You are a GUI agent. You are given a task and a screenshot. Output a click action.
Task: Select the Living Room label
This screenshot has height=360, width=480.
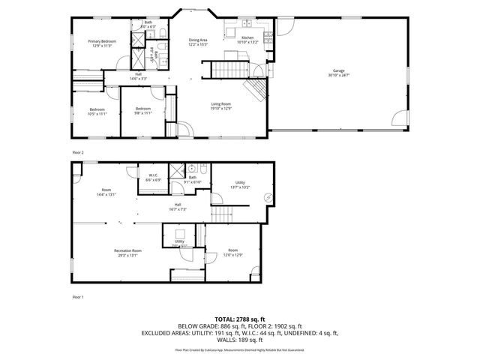(220, 106)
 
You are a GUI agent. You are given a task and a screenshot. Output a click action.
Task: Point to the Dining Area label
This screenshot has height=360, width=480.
(197, 41)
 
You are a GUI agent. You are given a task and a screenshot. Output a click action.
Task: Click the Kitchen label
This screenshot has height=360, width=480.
(247, 39)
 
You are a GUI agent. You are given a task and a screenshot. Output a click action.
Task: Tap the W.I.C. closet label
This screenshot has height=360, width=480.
(152, 178)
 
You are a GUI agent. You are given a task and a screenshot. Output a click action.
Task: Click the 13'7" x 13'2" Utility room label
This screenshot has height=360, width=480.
(240, 184)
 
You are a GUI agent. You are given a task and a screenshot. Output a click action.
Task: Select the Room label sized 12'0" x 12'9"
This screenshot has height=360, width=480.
(233, 252)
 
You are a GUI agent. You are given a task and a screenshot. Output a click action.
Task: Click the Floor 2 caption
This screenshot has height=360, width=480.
(78, 152)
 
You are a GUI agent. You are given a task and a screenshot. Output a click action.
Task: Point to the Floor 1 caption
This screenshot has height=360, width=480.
(78, 297)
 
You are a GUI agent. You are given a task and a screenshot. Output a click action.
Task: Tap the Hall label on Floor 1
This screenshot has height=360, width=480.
(178, 206)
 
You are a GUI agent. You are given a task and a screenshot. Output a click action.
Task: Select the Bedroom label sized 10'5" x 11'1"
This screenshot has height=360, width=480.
(97, 111)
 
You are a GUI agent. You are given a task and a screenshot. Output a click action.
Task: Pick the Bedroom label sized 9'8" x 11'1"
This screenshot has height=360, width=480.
(143, 111)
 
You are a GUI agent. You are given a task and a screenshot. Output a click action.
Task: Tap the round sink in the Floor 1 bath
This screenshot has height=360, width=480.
(193, 168)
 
